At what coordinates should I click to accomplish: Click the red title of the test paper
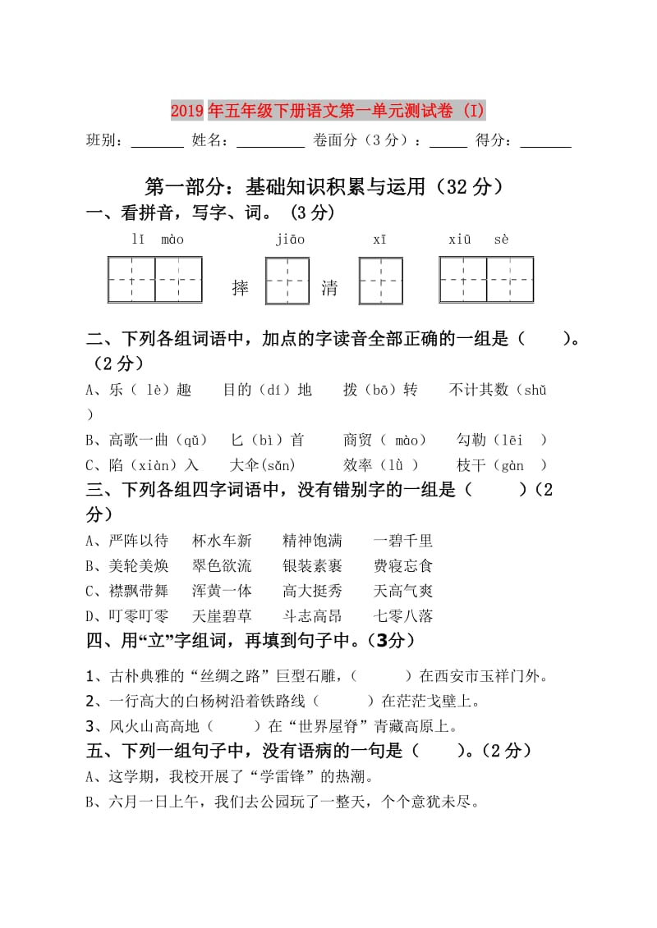(328, 110)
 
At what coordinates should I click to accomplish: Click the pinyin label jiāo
(290, 240)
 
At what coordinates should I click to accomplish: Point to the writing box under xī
(380, 281)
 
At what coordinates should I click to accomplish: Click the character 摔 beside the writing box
(241, 288)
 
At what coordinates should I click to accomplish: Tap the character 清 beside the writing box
(329, 288)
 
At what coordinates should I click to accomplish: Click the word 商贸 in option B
(358, 440)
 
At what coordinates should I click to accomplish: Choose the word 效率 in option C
(358, 465)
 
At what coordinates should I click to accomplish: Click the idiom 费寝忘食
(402, 566)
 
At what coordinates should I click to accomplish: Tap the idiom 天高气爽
(402, 591)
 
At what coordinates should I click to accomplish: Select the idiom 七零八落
(402, 616)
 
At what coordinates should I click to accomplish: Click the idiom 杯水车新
(222, 541)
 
